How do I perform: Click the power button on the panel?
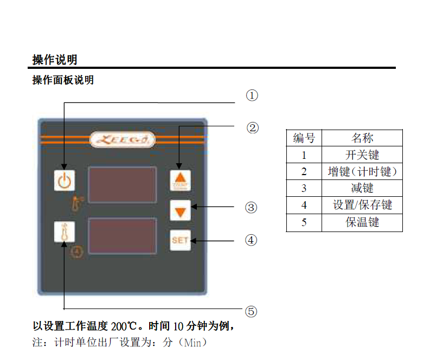tap(64, 180)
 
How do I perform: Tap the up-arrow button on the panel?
tap(181, 179)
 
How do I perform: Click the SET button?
tap(180, 240)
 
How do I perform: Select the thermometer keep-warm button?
tap(64, 232)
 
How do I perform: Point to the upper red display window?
tap(122, 185)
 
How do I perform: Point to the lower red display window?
tap(122, 236)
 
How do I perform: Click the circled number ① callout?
tap(252, 96)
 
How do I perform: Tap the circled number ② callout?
tap(252, 128)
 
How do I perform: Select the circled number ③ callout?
tap(251, 207)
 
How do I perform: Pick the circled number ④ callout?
tap(251, 240)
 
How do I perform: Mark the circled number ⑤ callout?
tap(251, 311)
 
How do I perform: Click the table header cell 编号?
tap(304, 138)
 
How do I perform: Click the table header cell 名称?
tap(362, 138)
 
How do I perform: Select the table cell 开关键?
tap(362, 155)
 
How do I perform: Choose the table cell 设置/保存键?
tap(362, 205)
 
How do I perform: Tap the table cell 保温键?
tap(362, 222)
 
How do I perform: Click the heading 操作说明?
tap(54, 60)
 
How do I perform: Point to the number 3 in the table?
tap(304, 189)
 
